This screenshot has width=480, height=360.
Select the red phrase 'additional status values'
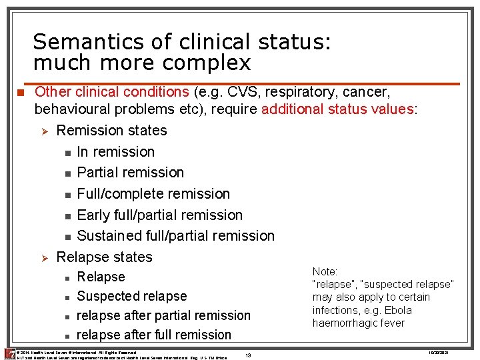pos(337,109)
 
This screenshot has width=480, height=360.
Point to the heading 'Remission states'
pos(111,130)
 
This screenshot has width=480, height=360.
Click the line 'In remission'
pos(115,151)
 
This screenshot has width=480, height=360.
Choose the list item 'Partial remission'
pos(130,172)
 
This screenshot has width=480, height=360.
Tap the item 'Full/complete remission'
pos(153,193)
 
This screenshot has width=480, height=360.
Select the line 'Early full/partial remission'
pos(159,215)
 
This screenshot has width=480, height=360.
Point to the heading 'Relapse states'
pos(104,257)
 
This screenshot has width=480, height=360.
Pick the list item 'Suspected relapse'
pos(131,296)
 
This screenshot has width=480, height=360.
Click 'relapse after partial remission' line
pos(163,315)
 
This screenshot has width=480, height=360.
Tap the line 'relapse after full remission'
pos(154,335)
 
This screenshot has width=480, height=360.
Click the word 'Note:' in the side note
pos(325,271)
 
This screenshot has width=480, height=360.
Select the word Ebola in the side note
pos(398,310)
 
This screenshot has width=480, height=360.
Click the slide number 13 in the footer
pos(248,355)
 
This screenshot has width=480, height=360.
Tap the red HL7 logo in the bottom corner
pos(9,353)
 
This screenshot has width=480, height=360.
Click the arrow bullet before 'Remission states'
pos(43,131)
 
